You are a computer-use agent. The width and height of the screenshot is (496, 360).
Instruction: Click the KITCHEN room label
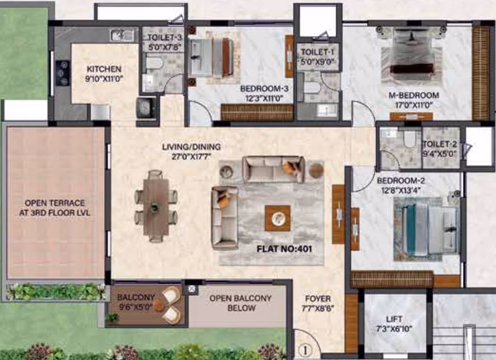pyautogui.click(x=104, y=69)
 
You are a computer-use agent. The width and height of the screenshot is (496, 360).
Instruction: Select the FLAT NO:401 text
pyautogui.click(x=284, y=249)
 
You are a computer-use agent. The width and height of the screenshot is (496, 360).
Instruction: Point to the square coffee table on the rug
pyautogui.click(x=278, y=218)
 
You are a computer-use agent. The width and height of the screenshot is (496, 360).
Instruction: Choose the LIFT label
pyautogui.click(x=394, y=319)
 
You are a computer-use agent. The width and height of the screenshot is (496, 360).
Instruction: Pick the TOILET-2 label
pyautogui.click(x=440, y=144)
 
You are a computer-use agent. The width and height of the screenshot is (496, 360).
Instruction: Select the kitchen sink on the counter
pyautogui.click(x=122, y=35)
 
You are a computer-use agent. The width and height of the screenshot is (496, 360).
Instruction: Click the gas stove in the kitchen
pyautogui.click(x=62, y=73)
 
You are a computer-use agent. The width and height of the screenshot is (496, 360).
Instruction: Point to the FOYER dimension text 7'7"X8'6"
pyautogui.click(x=318, y=308)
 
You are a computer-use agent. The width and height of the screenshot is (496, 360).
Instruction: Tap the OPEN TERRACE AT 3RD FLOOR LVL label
pyautogui.click(x=55, y=208)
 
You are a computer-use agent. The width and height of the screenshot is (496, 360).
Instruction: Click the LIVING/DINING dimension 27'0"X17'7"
pyautogui.click(x=192, y=156)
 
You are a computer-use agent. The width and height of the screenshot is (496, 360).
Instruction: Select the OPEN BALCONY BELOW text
pyautogui.click(x=241, y=303)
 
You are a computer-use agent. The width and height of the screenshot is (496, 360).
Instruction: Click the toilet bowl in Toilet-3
pyautogui.click(x=154, y=62)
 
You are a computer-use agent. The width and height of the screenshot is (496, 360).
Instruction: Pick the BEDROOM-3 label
pyautogui.click(x=264, y=89)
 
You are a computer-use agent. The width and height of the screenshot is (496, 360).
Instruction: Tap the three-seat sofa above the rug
pyautogui.click(x=273, y=169)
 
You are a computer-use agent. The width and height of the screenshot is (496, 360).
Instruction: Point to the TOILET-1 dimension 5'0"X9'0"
pyautogui.click(x=318, y=62)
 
